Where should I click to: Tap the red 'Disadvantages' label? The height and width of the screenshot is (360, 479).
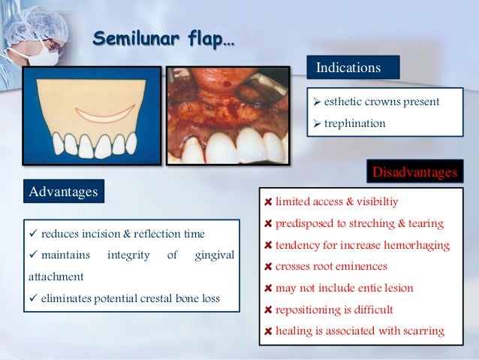pos(414,173)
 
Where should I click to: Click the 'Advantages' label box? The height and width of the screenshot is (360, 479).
pos(64,192)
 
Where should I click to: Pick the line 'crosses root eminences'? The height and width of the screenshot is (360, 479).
pos(332,266)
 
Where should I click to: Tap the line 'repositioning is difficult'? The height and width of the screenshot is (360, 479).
pos(336,309)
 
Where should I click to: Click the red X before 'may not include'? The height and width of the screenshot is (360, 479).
pos(269,289)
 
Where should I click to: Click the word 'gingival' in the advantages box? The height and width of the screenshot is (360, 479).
pos(214,256)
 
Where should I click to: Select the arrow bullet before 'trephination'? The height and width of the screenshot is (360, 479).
pos(317,123)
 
